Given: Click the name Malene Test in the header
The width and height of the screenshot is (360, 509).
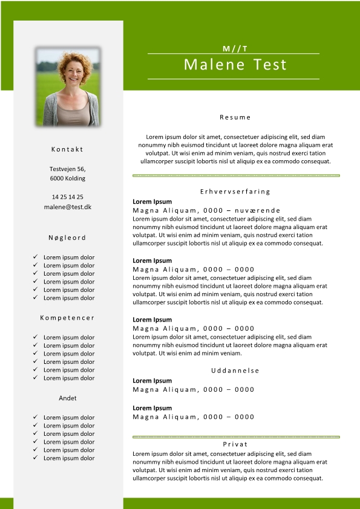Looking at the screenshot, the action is pos(235,65).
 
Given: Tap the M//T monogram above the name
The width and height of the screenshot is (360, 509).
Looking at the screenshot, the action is pos(235,48).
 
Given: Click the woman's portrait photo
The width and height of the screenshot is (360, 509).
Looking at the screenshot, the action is pos(68,86).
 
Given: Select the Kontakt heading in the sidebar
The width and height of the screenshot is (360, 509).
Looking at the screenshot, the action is pos(67,149).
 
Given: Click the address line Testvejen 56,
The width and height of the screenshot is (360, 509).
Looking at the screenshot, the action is pos(67,169).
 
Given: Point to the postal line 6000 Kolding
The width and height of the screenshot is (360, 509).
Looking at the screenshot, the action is pos(67,178).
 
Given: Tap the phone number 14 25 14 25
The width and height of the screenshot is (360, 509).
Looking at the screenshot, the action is pos(67,197).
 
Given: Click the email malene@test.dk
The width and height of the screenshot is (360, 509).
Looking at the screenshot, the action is pos(67,207).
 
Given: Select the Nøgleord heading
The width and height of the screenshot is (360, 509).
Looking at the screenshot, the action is pos(67,238).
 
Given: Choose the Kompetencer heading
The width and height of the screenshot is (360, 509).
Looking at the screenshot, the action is pos(67,317).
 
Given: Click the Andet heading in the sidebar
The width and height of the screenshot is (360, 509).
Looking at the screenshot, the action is pos(67,398).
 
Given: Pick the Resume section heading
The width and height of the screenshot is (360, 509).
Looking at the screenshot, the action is pos(235,117).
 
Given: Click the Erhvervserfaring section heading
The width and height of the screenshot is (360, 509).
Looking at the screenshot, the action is pos(235,192).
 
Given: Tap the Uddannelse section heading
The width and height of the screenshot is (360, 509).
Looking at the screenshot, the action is pos(235,370).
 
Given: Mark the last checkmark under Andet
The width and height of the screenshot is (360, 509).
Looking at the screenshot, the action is pos(36,458).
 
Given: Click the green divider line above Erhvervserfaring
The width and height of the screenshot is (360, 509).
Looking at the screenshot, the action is pos(235,175).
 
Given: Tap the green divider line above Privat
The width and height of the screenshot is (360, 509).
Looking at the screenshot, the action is pos(235,436).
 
